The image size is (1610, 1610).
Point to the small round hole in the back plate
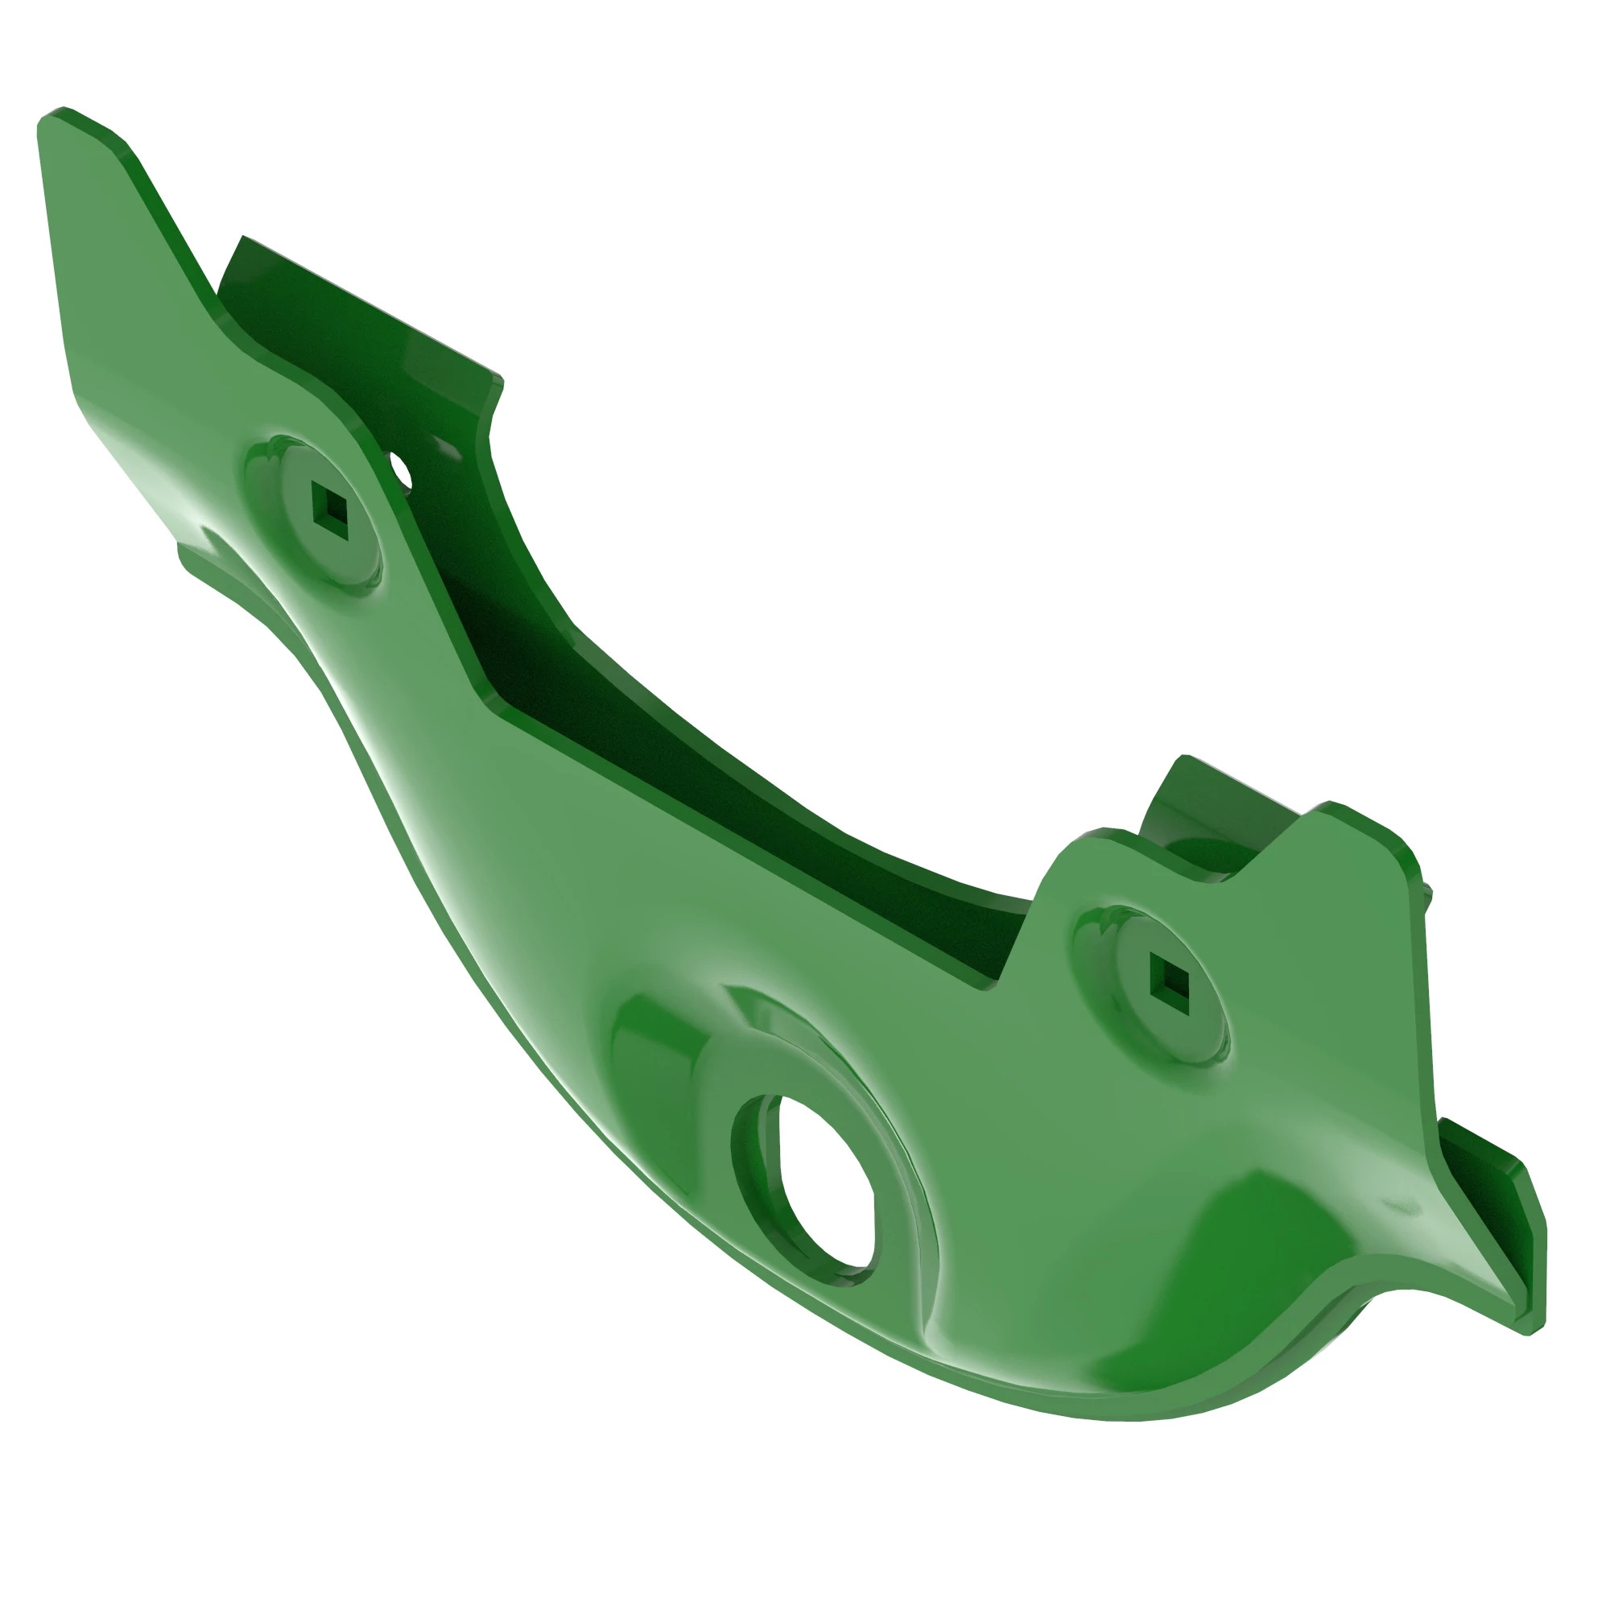coord(401,469)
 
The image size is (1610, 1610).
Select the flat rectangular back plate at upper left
coord(358,325)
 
